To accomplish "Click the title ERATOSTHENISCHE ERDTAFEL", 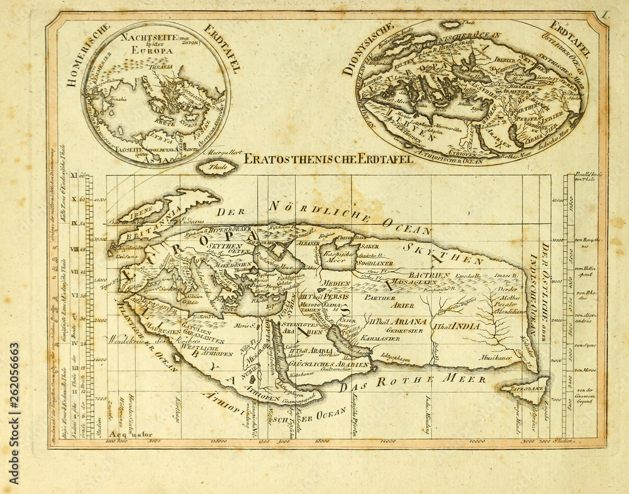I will click(x=328, y=159).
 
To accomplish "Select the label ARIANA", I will click(x=411, y=322).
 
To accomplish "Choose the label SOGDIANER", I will click(x=370, y=263).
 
